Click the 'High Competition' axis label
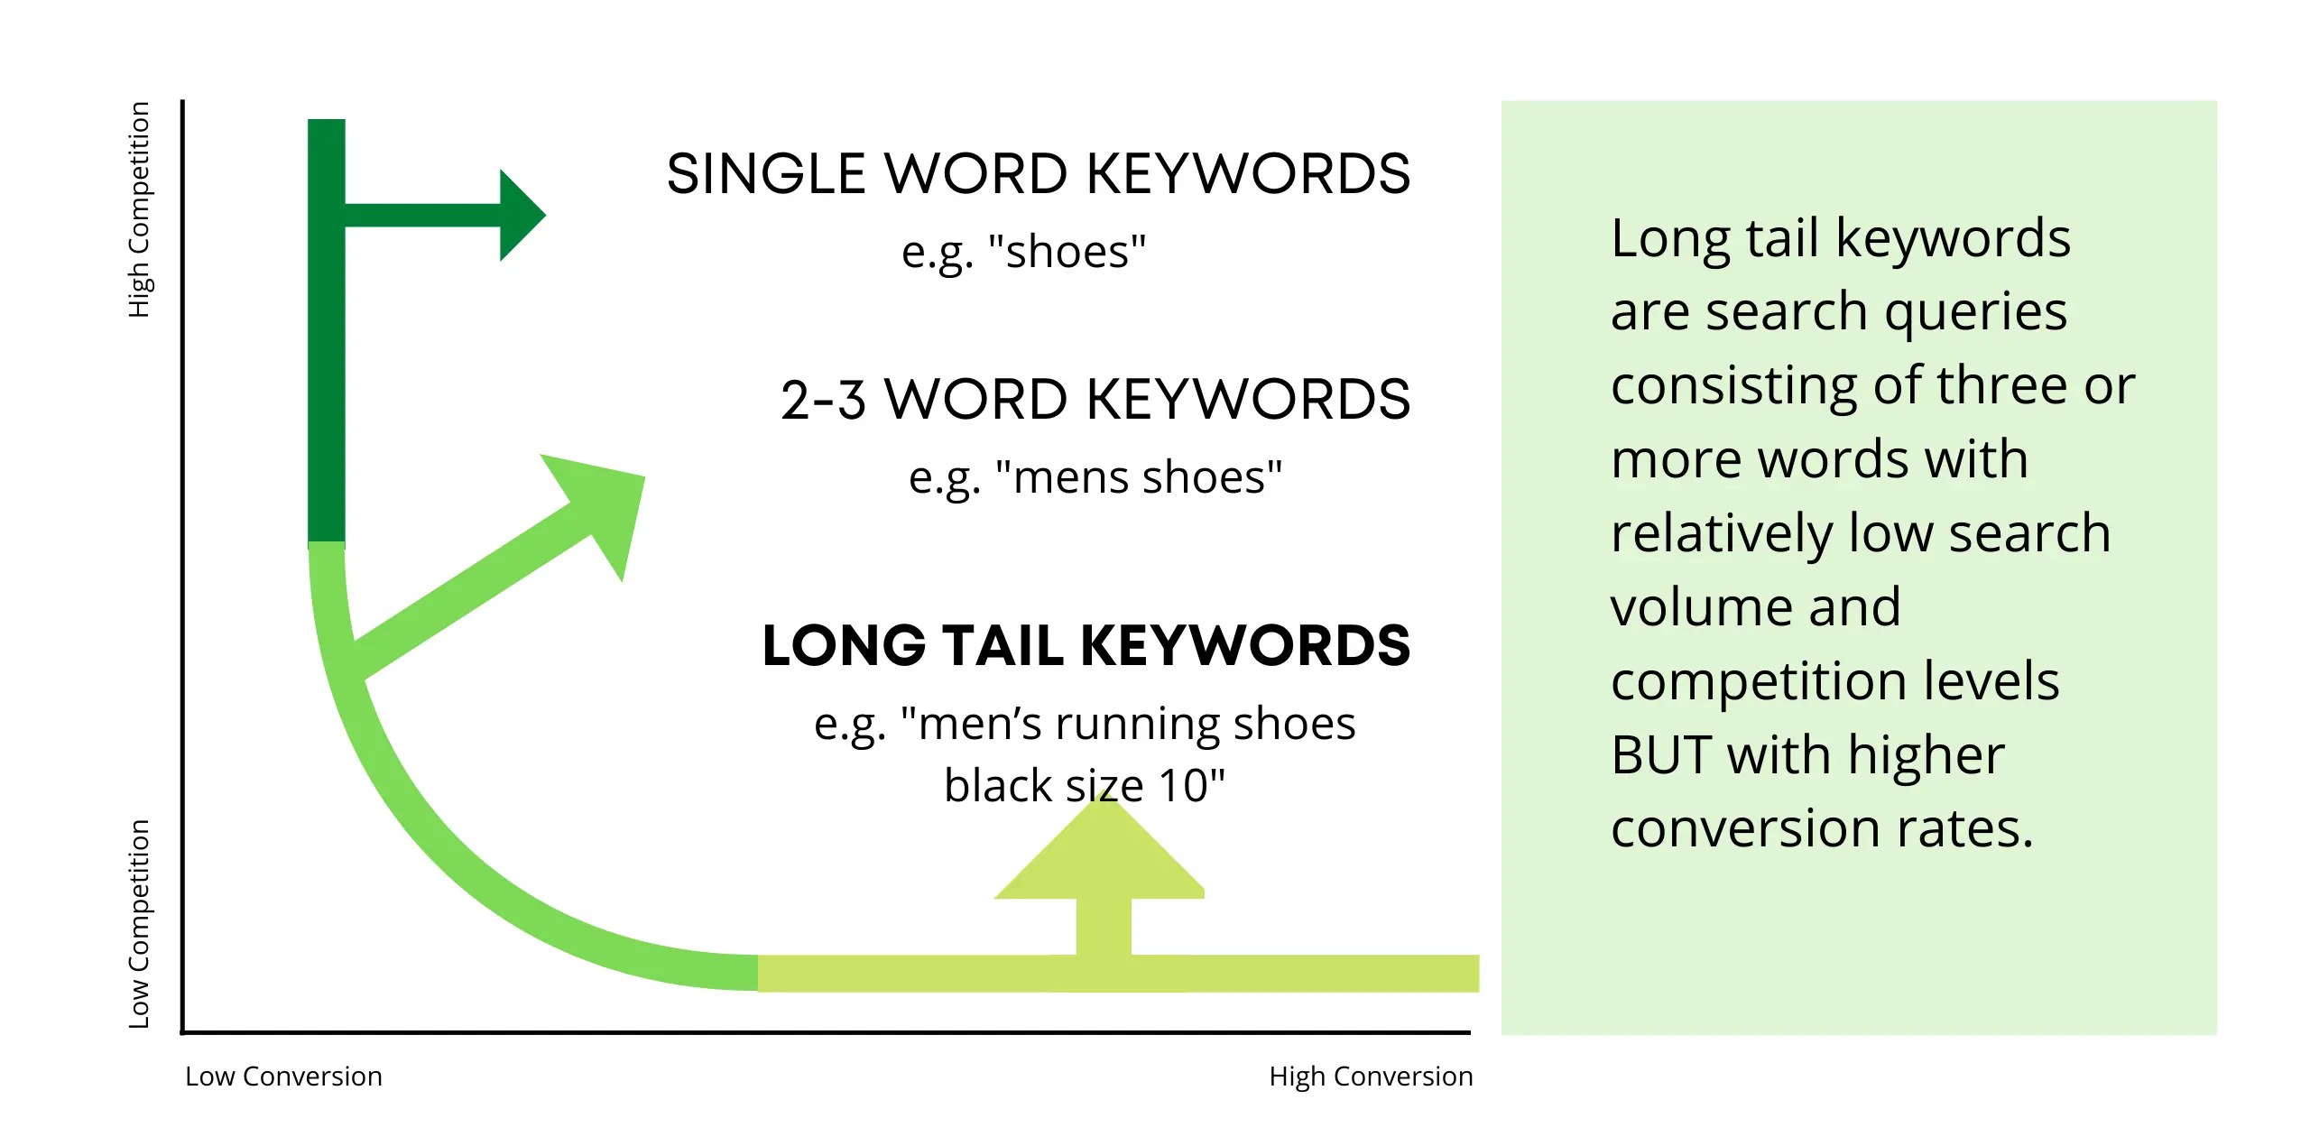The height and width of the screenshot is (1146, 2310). pyautogui.click(x=138, y=209)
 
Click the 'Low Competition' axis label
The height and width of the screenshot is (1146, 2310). pyautogui.click(x=138, y=923)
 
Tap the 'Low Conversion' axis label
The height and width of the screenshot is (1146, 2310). pyautogui.click(x=283, y=1077)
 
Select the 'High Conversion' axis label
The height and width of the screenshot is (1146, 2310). pyautogui.click(x=1370, y=1077)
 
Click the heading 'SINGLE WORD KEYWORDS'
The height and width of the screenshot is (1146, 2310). pyautogui.click(x=1038, y=173)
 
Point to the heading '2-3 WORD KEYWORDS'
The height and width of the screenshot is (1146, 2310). pyautogui.click(x=1095, y=399)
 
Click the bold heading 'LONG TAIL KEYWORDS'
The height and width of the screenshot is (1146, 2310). pyautogui.click(x=1086, y=645)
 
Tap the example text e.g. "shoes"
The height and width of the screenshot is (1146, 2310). pyautogui.click(x=1023, y=252)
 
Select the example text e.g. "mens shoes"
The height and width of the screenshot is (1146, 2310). pyautogui.click(x=1095, y=477)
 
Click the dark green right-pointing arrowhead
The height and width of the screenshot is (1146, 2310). pyautogui.click(x=521, y=215)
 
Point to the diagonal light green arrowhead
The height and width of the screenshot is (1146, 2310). pyautogui.click(x=601, y=502)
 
